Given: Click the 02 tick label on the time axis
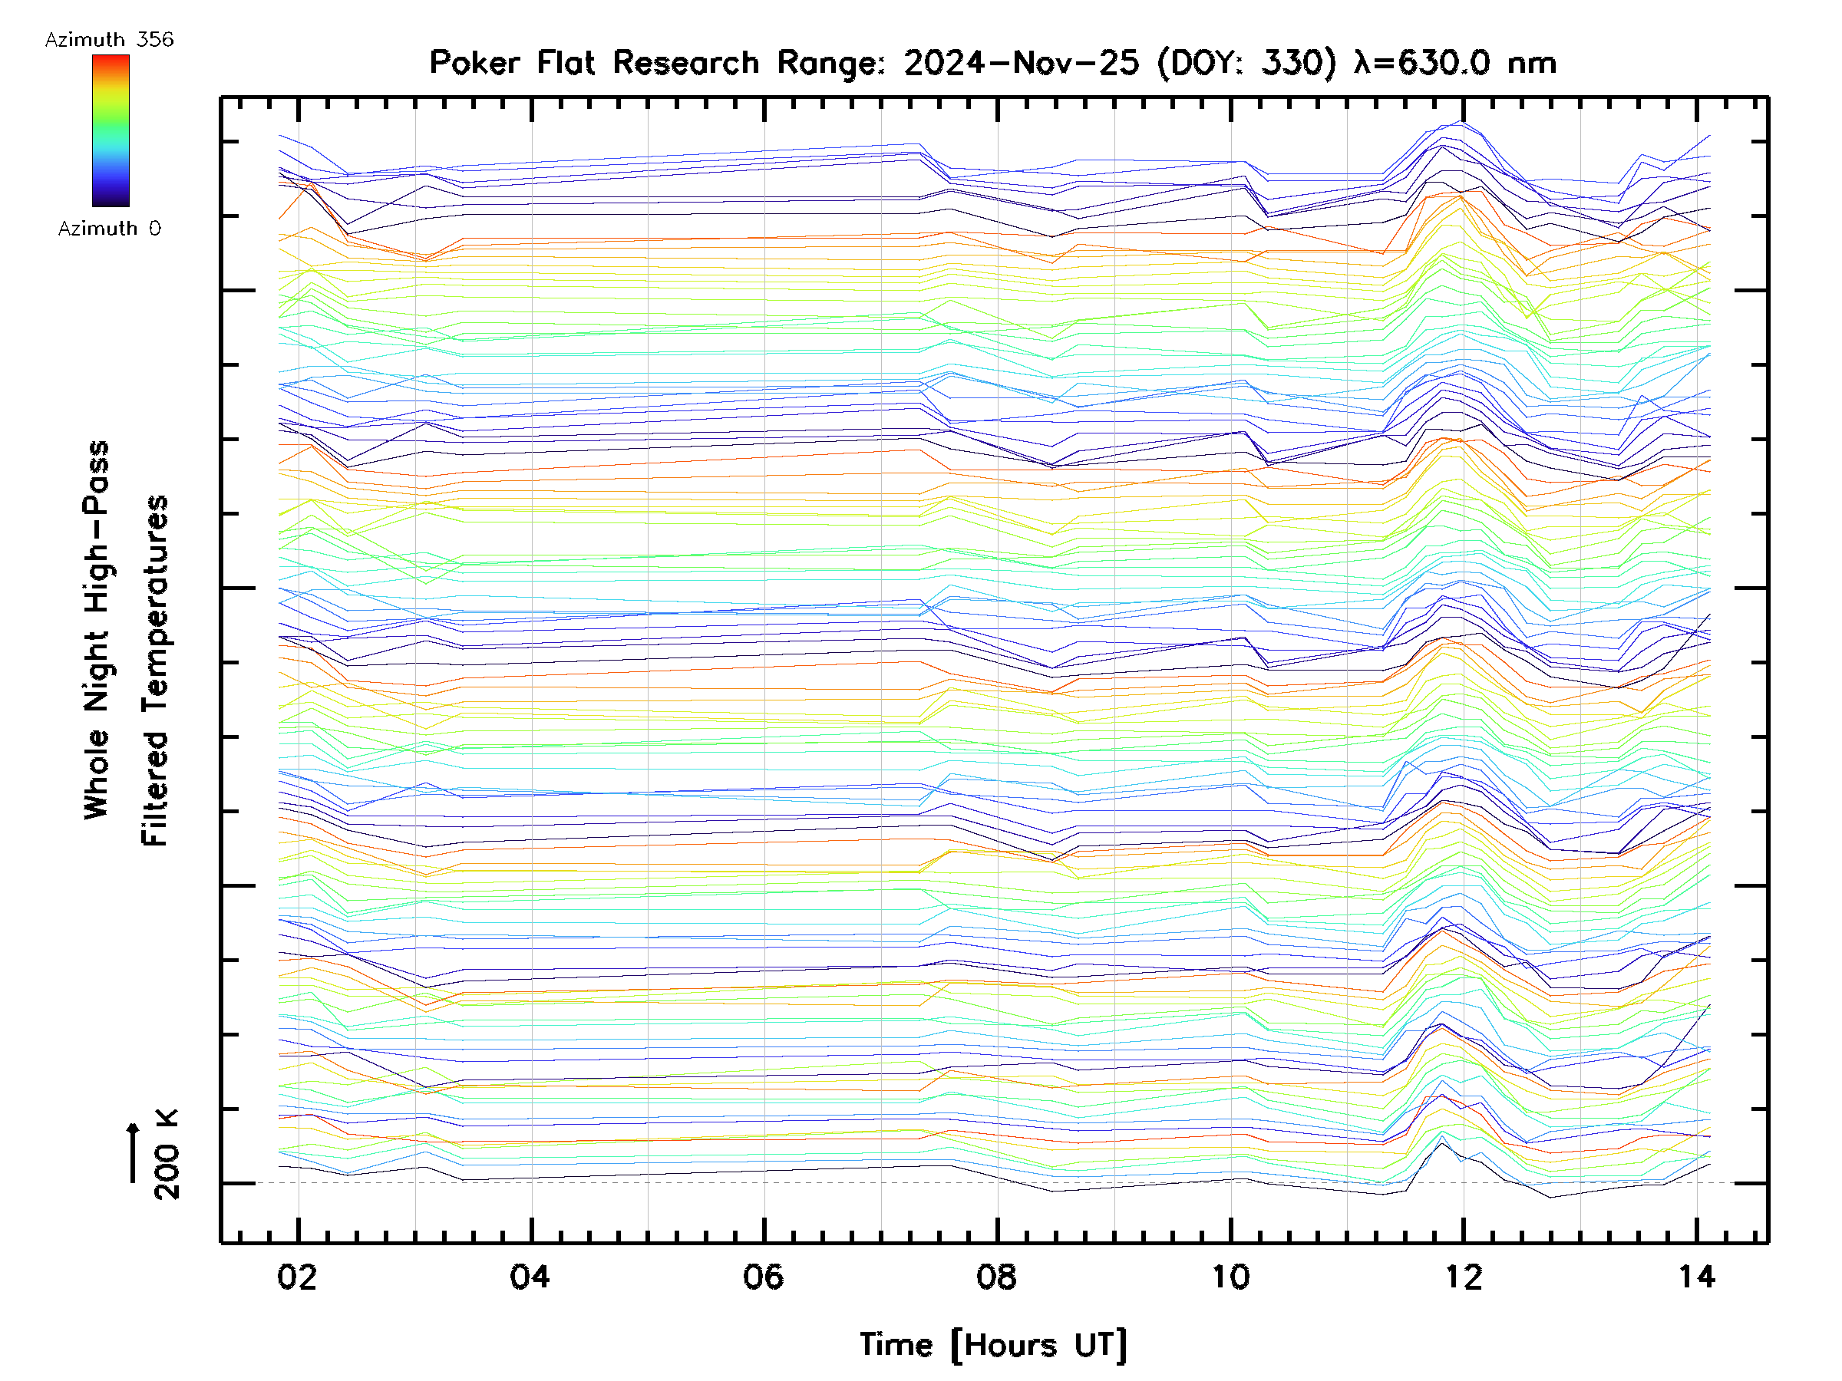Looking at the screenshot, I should click(x=297, y=1277).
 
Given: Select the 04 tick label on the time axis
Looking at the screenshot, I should click(x=530, y=1277).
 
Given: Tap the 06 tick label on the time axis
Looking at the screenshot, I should click(x=764, y=1277).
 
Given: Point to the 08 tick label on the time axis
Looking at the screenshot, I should click(x=997, y=1277).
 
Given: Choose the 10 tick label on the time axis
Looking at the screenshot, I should click(x=1230, y=1277).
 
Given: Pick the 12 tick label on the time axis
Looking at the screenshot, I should click(x=1463, y=1277).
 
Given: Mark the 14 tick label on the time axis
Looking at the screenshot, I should click(x=1696, y=1277).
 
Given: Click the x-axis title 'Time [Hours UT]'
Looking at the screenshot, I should click(x=992, y=1345).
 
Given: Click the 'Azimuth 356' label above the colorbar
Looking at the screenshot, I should click(x=109, y=40).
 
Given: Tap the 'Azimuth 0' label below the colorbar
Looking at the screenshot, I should click(x=109, y=229).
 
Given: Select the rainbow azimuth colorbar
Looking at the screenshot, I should click(x=111, y=130).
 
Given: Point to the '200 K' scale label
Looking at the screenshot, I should click(x=167, y=1155).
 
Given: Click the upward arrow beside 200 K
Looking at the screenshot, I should click(x=133, y=1153).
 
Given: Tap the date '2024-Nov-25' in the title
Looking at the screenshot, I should click(x=1021, y=63).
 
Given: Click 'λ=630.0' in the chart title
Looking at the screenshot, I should click(x=1422, y=63).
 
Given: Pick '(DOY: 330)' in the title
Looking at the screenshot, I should click(x=1246, y=63).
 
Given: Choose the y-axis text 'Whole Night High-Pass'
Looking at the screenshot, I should click(x=97, y=630).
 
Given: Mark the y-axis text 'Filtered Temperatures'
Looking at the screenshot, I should click(x=155, y=671).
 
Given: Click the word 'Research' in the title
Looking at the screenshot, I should click(x=685, y=63).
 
